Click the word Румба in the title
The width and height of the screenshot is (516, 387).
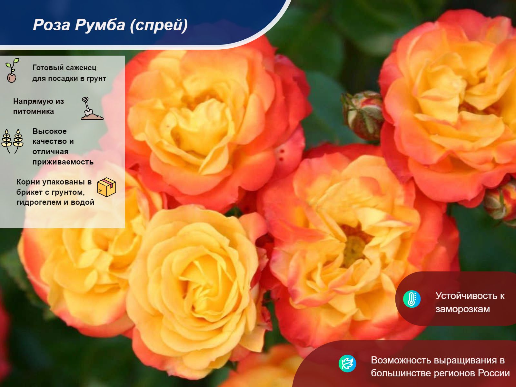[100, 25]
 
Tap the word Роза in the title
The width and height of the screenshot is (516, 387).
[52, 25]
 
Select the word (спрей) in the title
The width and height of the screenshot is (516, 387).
[159, 25]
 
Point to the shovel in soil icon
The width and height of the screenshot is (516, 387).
[92, 108]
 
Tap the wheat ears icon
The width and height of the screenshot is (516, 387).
[13, 142]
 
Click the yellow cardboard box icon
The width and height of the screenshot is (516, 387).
[107, 187]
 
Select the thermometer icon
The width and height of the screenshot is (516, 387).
[412, 299]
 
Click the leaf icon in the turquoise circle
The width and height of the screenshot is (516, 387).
[347, 363]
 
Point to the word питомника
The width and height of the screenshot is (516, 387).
[34, 111]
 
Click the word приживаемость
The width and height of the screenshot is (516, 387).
[63, 162]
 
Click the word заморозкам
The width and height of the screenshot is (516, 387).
[463, 309]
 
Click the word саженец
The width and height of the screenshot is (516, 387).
[80, 68]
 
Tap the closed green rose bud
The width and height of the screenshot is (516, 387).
[363, 115]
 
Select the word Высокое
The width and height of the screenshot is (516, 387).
[50, 131]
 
